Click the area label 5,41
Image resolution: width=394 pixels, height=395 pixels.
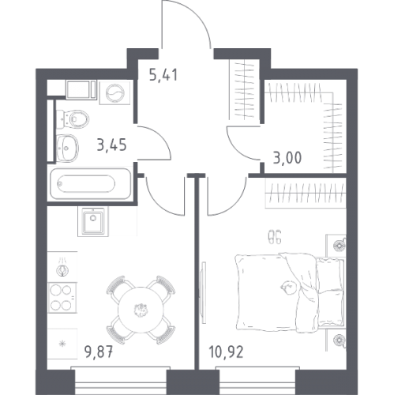point(163,74)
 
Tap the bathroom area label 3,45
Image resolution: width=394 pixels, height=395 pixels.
point(112,145)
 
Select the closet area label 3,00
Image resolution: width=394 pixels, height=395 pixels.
point(287,158)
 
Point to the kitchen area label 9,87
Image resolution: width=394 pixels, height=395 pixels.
point(99,352)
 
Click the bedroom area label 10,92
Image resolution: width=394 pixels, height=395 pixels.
point(227,352)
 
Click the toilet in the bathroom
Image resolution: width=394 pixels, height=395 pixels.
point(73,119)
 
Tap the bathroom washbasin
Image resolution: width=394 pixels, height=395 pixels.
point(67,148)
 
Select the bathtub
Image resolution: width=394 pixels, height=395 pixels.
point(90,184)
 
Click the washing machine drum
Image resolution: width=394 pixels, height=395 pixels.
point(115,92)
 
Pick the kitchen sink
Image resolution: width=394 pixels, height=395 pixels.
point(93,221)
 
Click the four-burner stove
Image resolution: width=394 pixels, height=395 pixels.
point(62,298)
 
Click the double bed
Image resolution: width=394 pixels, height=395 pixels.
point(290,292)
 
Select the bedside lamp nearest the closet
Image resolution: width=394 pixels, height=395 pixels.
point(339,246)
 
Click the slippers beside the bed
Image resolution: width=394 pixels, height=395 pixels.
point(274,237)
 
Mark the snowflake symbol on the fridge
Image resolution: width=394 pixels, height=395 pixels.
point(62,344)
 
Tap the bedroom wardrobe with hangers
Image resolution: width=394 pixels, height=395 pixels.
point(306,193)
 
